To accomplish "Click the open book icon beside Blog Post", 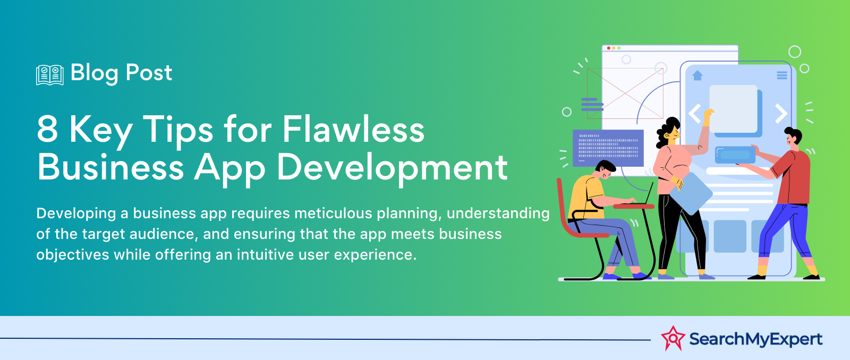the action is [x=50, y=75].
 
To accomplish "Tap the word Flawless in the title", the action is [x=353, y=129].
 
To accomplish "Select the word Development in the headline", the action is [x=392, y=168].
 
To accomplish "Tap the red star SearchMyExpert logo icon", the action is [x=673, y=338].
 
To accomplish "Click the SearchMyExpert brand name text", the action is [x=756, y=339].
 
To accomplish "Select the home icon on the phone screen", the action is [x=698, y=75].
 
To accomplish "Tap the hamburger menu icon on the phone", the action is [x=781, y=75].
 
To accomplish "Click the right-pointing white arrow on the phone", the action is [x=780, y=113].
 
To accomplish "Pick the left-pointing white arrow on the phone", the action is [x=695, y=113].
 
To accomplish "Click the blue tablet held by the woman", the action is [x=691, y=193].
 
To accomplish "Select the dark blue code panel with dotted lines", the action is [x=608, y=148].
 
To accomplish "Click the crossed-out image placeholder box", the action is [x=625, y=93].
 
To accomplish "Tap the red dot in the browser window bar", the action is [x=609, y=48].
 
